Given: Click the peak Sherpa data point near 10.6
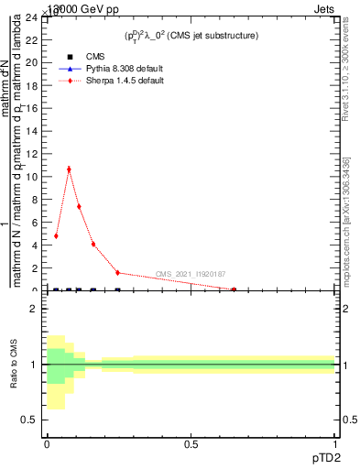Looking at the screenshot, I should [x=69, y=169].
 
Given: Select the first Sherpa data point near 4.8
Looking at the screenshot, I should [x=56, y=235].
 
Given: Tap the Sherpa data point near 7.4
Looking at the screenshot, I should [x=79, y=206].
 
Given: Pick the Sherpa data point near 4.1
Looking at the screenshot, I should [x=93, y=244].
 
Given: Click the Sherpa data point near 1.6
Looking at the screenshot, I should [x=117, y=272].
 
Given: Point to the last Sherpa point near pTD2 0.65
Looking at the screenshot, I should [x=234, y=289].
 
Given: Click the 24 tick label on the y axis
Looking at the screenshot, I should [x=31, y=17].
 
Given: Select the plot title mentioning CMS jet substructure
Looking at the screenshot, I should [x=191, y=35].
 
